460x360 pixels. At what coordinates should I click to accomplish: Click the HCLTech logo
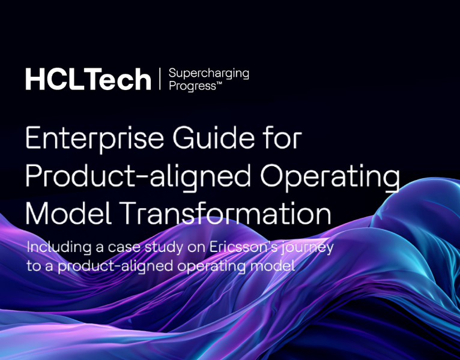click(88, 79)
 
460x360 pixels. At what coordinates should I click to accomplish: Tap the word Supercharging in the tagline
click(208, 73)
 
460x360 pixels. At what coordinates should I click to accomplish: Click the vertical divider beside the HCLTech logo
click(160, 79)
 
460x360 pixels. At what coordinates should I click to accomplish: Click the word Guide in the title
click(198, 140)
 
